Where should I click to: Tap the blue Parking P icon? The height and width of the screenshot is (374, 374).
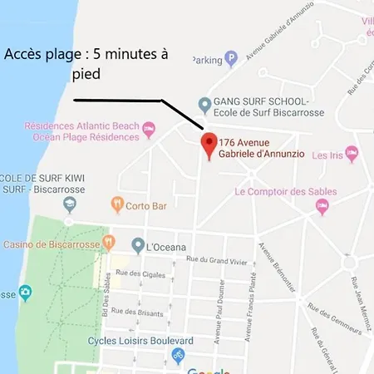231,58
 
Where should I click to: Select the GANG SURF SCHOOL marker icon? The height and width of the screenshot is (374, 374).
204,105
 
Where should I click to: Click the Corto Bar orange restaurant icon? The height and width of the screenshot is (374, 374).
117,203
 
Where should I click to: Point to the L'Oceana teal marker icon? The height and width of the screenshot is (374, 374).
138,245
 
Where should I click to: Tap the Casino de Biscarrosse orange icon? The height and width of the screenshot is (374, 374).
108,244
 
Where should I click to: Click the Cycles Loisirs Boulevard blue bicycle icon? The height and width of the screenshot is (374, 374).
177,356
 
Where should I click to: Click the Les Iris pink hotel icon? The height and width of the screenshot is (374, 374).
352,154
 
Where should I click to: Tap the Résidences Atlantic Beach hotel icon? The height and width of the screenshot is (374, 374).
149,129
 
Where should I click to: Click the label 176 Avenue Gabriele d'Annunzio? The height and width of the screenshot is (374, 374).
262,150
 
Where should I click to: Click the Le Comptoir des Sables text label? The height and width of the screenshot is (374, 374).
285,192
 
